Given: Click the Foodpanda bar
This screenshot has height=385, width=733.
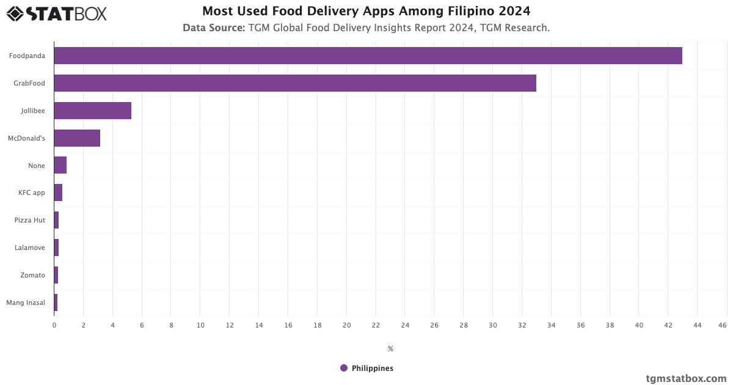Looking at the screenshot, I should point(368,56).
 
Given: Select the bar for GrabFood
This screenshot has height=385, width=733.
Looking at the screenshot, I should point(295,83).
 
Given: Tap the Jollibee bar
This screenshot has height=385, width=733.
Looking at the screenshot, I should point(92,111).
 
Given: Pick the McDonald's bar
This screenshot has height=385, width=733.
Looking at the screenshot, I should point(77,138).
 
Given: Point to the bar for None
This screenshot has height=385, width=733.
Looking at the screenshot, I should point(60,166).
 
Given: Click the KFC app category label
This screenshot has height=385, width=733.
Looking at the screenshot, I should point(32,193).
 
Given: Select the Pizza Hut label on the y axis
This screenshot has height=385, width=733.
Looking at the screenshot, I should point(30,220).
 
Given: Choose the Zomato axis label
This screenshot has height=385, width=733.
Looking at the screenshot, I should point(32,275).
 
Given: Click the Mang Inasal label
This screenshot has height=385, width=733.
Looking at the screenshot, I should point(26,302).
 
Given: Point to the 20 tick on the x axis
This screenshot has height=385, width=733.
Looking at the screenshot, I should point(346,325).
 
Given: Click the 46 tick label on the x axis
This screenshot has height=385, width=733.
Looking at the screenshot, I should point(723,325).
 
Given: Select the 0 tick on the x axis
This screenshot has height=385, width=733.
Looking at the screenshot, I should point(54,325).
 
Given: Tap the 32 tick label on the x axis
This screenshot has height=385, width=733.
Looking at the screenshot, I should point(522,325).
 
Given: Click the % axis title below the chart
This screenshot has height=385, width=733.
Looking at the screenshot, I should point(390,349).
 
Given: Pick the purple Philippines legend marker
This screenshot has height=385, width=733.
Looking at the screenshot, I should point(344,368).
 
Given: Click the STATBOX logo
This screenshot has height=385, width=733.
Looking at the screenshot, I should point(57,13).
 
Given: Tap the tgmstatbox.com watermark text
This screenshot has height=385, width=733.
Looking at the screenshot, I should point(687,378).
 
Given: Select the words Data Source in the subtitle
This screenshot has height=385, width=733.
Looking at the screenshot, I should point(214,28).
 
